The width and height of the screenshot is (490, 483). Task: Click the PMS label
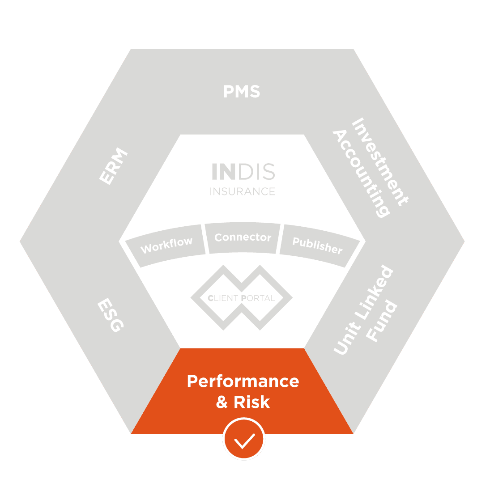[x=242, y=92]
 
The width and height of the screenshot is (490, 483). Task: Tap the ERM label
[x=113, y=167]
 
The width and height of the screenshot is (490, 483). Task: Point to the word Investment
[x=380, y=161]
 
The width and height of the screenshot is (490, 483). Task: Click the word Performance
[x=243, y=381]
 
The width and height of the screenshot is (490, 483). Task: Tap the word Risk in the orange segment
[x=252, y=402]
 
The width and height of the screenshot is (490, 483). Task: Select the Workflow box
[x=166, y=245]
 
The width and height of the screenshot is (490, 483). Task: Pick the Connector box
[x=243, y=237]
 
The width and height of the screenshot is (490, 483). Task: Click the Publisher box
[x=317, y=245]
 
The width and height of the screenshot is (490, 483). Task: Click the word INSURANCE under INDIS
[x=243, y=192]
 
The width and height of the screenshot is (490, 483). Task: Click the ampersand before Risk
[x=222, y=402]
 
